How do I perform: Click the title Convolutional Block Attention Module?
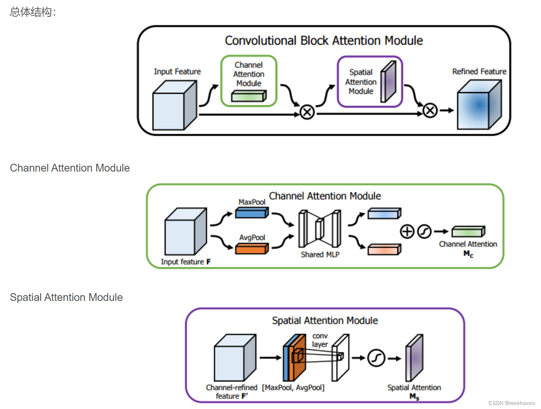pyautogui.click(x=324, y=41)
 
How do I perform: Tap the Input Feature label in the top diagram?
pyautogui.click(x=177, y=72)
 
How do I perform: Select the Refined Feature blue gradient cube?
pyautogui.click(x=479, y=105)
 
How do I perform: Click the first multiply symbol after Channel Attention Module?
pyautogui.click(x=307, y=112)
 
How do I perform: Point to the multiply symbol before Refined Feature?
pyautogui.click(x=430, y=110)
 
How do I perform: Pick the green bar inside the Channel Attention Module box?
pyautogui.click(x=249, y=96)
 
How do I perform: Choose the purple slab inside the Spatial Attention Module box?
pyautogui.click(x=388, y=81)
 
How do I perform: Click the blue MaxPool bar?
pyautogui.click(x=252, y=213)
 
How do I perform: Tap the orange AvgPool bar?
pyautogui.click(x=252, y=249)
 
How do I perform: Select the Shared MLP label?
pyautogui.click(x=320, y=255)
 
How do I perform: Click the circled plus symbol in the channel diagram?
pyautogui.click(x=407, y=232)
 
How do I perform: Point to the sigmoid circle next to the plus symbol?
pyautogui.click(x=424, y=232)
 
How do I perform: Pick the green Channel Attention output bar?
pyautogui.click(x=468, y=232)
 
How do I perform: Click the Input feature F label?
pyautogui.click(x=186, y=262)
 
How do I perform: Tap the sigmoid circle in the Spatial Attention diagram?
pyautogui.click(x=376, y=358)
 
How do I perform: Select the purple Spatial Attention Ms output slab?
pyautogui.click(x=414, y=358)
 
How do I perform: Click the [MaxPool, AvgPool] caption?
pyautogui.click(x=293, y=388)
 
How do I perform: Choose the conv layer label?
pyautogui.click(x=320, y=340)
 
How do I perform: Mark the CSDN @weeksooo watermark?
pyautogui.click(x=512, y=403)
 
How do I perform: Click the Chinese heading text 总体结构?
pyautogui.click(x=31, y=12)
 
